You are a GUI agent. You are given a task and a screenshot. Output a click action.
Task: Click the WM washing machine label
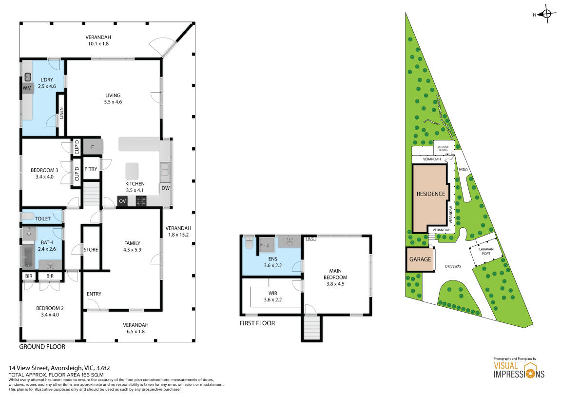pyautogui.click(x=27, y=88)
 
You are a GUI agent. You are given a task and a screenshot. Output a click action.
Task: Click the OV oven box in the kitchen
pyautogui.click(x=122, y=201)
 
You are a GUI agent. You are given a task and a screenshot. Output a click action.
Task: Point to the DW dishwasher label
pyautogui.click(x=165, y=188)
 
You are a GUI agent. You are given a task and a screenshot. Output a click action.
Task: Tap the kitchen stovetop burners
pyautogui.click(x=140, y=201)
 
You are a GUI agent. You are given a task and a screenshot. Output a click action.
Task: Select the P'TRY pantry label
pyautogui.click(x=90, y=169)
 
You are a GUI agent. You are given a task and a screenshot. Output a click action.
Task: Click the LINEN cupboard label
pyautogui.click(x=61, y=113)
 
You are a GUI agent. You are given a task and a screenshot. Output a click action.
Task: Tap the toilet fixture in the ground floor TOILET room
pyautogui.click(x=27, y=216)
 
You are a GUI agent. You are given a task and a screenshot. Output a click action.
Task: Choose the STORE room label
pyautogui.click(x=91, y=250)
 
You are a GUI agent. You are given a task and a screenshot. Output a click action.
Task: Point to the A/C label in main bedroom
pyautogui.click(x=310, y=239)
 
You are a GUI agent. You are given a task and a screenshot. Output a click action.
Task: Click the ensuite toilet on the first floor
pyautogui.click(x=250, y=242)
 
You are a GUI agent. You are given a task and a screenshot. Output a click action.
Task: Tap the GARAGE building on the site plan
pyautogui.click(x=420, y=259)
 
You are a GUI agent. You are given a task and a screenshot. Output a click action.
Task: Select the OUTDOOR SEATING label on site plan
pyautogui.click(x=443, y=148)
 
